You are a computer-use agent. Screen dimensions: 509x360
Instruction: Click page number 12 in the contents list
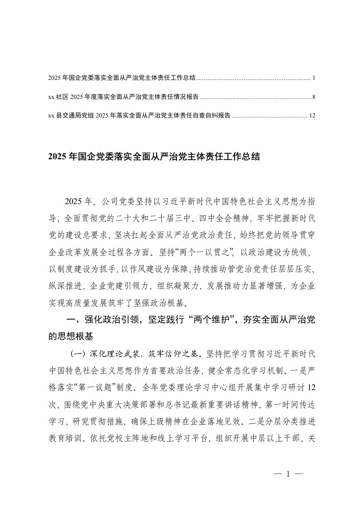pos(311,116)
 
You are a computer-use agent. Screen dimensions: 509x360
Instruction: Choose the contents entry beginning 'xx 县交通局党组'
pos(138,116)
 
